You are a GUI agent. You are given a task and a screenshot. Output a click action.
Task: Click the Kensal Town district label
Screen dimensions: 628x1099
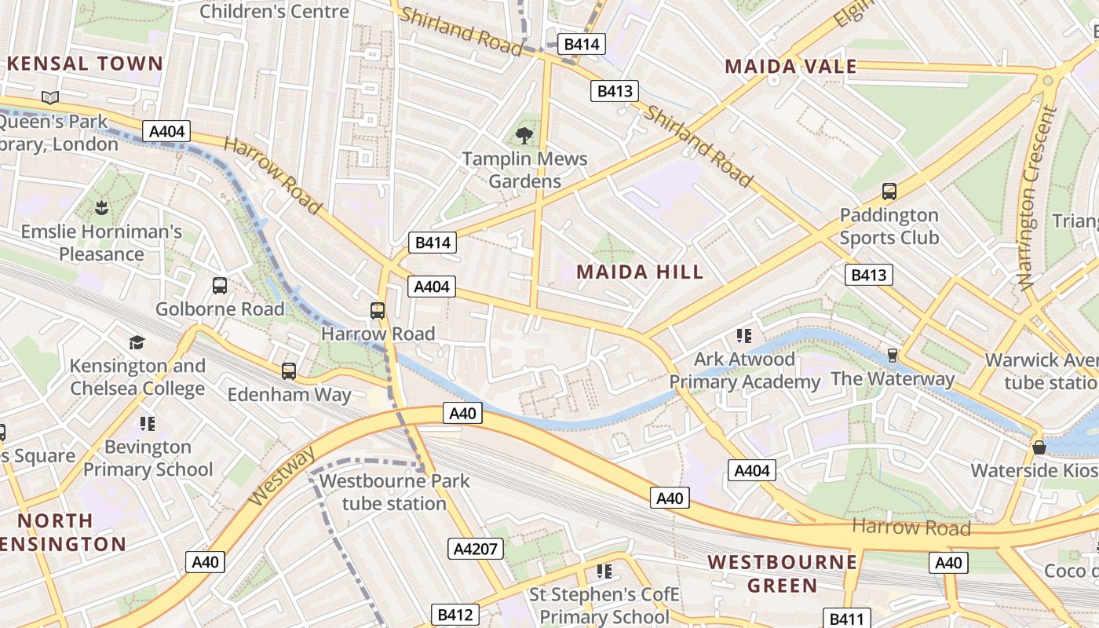click(x=85, y=64)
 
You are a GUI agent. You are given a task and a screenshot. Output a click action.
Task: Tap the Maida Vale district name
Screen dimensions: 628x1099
click(x=790, y=67)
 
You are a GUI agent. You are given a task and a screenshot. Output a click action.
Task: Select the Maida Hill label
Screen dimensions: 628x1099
click(x=640, y=272)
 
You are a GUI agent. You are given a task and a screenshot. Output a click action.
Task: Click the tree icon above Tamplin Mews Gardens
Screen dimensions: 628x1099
click(x=524, y=136)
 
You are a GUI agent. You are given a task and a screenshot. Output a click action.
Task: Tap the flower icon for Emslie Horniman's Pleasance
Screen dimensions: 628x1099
click(x=101, y=208)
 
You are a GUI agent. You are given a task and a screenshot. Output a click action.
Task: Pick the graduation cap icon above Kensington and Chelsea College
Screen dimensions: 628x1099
click(x=137, y=342)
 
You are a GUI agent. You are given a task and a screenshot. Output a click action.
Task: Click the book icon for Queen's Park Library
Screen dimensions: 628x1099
click(x=50, y=98)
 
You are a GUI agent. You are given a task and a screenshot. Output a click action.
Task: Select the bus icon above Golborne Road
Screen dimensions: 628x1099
click(x=220, y=286)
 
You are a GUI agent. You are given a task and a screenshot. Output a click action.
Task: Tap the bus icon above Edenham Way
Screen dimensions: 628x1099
click(x=289, y=371)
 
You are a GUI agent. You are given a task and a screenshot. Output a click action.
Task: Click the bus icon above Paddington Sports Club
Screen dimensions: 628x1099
click(x=889, y=191)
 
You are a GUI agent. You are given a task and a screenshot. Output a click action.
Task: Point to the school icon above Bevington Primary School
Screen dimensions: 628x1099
click(x=148, y=424)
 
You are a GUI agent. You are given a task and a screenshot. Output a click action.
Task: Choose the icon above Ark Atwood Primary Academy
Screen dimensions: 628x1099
click(x=744, y=336)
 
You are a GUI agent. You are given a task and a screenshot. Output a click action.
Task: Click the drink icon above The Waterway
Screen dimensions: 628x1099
click(x=893, y=356)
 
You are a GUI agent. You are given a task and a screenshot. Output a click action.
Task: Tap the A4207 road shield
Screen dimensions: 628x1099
click(x=476, y=548)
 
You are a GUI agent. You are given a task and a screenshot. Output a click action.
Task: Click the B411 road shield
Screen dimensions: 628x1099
click(x=846, y=619)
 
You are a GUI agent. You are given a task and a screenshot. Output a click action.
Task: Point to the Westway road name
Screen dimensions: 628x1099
click(x=282, y=476)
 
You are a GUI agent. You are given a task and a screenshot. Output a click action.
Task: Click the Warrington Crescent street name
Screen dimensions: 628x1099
click(x=1039, y=197)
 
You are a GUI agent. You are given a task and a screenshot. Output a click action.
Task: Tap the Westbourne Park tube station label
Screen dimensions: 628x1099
click(x=394, y=492)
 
